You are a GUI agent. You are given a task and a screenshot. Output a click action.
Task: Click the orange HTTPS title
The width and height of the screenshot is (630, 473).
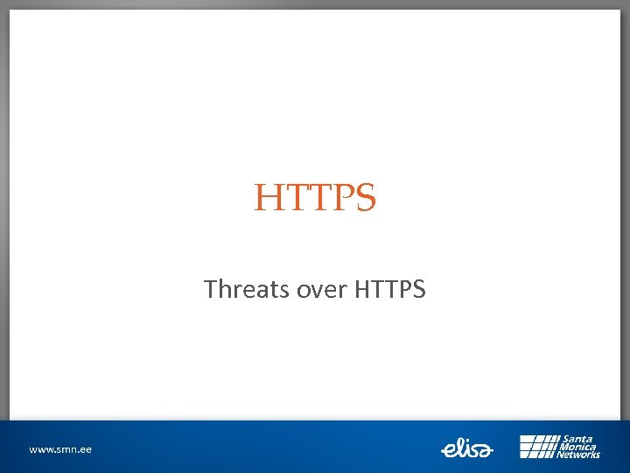pyautogui.click(x=315, y=198)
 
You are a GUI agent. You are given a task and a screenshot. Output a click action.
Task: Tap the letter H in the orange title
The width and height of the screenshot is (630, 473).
pyautogui.click(x=266, y=199)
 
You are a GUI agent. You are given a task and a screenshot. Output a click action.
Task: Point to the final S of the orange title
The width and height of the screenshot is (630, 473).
pyautogui.click(x=367, y=199)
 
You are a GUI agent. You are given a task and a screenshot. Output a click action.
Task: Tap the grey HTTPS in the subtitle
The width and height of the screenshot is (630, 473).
pyautogui.click(x=390, y=289)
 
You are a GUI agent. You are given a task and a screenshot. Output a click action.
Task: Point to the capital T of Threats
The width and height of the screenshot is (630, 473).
pyautogui.click(x=210, y=289)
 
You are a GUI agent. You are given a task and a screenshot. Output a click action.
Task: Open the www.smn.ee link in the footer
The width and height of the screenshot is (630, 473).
pyautogui.click(x=59, y=449)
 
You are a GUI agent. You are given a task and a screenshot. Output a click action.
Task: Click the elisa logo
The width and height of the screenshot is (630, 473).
pyautogui.click(x=467, y=448)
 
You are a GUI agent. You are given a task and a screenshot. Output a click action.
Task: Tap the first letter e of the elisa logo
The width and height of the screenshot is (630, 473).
pyautogui.click(x=446, y=450)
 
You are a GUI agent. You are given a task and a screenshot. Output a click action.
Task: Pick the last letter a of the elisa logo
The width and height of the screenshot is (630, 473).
pyautogui.click(x=486, y=450)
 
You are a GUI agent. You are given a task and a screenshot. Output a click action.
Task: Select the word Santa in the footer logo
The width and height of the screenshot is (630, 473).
pyautogui.click(x=577, y=439)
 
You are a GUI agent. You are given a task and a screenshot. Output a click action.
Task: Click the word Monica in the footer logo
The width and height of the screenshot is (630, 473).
pyautogui.click(x=578, y=447)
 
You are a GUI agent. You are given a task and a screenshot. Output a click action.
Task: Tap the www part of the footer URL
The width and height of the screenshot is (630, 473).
pyautogui.click(x=40, y=449)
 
